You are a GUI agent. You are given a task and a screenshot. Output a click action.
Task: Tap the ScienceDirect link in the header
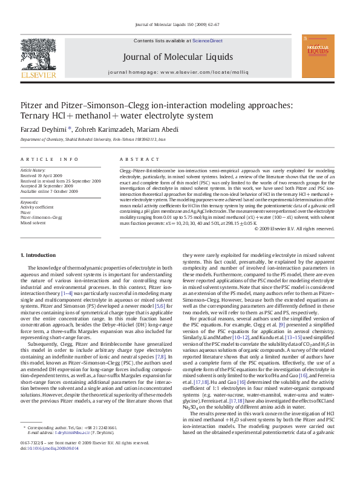(208, 41)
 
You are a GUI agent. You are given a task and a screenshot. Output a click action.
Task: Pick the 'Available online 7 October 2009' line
(49, 191)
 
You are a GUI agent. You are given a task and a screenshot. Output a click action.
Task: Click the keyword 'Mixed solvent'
(33, 222)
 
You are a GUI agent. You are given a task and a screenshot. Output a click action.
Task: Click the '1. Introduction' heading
(38, 256)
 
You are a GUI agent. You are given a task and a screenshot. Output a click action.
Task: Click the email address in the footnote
(73, 450)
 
